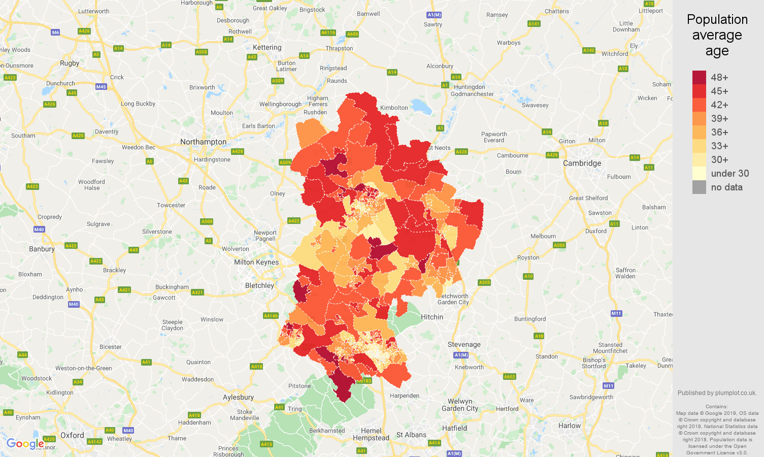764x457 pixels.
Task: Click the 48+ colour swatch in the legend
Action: pyautogui.click(x=699, y=77)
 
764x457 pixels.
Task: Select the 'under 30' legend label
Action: pyautogui.click(x=729, y=173)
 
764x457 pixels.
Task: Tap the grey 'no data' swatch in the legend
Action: pyautogui.click(x=699, y=187)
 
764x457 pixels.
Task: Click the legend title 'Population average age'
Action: pyautogui.click(x=717, y=35)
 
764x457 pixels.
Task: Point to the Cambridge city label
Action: pyautogui.click(x=582, y=163)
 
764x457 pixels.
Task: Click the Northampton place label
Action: pyautogui.click(x=203, y=142)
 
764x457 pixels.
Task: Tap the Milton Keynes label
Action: pyautogui.click(x=256, y=262)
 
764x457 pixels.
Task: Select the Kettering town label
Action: pyautogui.click(x=267, y=47)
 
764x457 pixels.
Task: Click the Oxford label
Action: pyautogui.click(x=72, y=435)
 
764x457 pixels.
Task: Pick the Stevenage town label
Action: pyautogui.click(x=463, y=344)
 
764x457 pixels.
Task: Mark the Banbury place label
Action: pyautogui.click(x=42, y=249)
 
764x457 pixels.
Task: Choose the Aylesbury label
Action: pyautogui.click(x=238, y=397)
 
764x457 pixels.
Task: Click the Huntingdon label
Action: pyautogui.click(x=469, y=87)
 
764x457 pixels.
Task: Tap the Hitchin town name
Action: pyautogui.click(x=431, y=317)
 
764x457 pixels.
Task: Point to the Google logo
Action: pyautogui.click(x=25, y=444)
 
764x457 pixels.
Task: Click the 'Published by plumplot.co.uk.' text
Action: pyautogui.click(x=717, y=393)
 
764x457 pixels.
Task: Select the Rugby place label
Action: pyautogui.click(x=70, y=63)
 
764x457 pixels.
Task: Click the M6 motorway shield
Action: pyautogui.click(x=55, y=32)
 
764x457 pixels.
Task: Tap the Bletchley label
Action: pyautogui.click(x=259, y=285)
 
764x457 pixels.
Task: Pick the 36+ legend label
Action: pyautogui.click(x=719, y=132)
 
